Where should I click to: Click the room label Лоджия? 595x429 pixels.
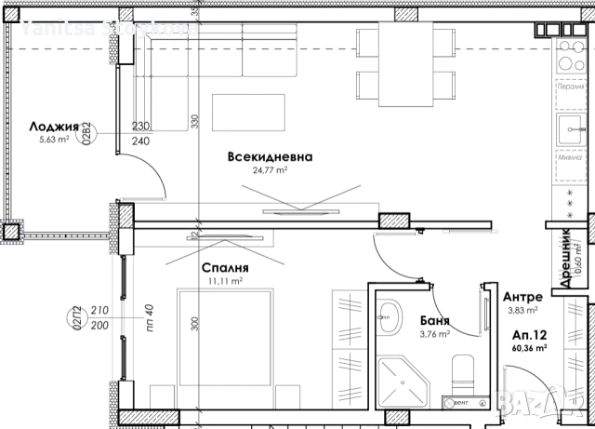[46, 127]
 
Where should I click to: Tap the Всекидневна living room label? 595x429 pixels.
[270, 157]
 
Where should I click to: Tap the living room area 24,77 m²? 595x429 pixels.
[271, 171]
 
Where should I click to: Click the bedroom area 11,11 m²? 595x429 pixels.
[224, 280]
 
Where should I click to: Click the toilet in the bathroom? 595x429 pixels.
[461, 377]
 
